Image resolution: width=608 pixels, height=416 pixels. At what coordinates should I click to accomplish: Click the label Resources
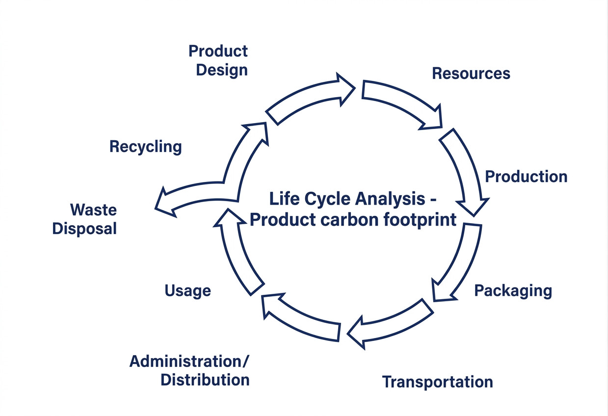click(471, 74)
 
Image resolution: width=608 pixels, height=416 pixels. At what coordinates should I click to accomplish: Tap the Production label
click(526, 177)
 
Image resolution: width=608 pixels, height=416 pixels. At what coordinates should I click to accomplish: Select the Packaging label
click(513, 291)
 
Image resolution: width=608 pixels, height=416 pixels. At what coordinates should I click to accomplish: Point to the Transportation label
click(437, 382)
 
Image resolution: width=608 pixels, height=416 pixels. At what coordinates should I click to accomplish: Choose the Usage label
click(187, 290)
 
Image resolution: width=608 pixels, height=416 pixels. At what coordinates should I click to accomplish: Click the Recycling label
click(145, 146)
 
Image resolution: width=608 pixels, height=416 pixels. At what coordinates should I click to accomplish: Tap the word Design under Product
click(222, 70)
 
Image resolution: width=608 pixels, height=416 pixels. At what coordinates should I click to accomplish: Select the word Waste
click(93, 210)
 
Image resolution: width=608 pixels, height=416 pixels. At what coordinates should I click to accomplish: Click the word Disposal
click(84, 229)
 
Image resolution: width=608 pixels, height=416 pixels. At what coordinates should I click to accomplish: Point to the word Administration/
click(189, 362)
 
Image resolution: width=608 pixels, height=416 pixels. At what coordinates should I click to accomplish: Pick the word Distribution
click(205, 380)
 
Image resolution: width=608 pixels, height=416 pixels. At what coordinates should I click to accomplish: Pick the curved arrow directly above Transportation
click(393, 321)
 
